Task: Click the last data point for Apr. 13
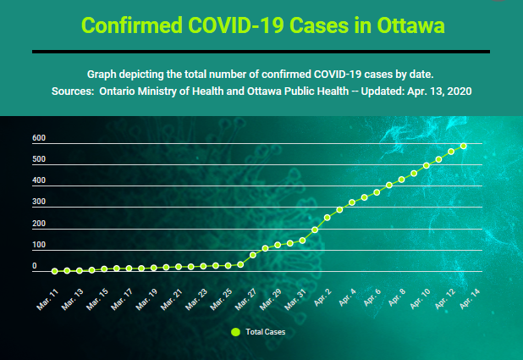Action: (x=463, y=146)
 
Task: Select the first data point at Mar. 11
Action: (x=55, y=271)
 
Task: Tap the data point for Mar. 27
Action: (x=253, y=255)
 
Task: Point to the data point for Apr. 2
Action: (x=328, y=218)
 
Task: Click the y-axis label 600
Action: (x=39, y=138)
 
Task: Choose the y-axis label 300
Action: (x=39, y=202)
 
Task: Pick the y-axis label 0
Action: (x=35, y=266)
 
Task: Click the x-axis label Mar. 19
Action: (x=146, y=300)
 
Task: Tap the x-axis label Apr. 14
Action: (x=470, y=299)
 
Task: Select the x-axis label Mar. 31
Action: (x=295, y=300)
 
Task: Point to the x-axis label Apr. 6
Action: (x=372, y=297)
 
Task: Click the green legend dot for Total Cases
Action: (x=235, y=332)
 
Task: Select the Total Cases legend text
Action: (x=266, y=332)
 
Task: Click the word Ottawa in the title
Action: (x=410, y=25)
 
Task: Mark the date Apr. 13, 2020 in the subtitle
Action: (x=439, y=91)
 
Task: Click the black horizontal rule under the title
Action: (x=261, y=52)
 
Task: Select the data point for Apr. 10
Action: (x=427, y=165)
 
